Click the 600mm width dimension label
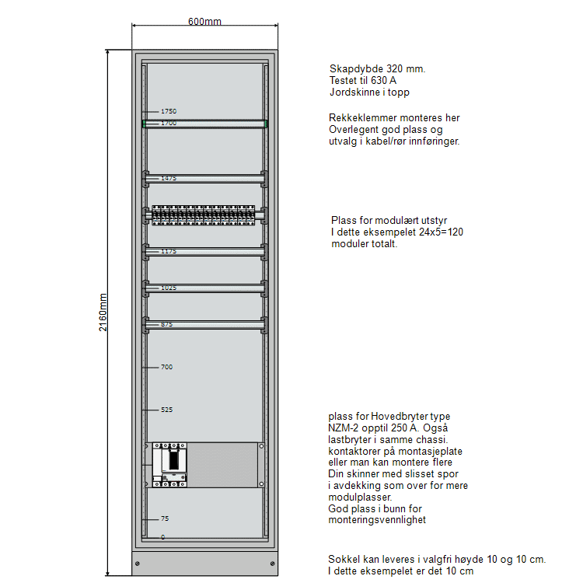click(204, 22)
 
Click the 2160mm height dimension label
click(103, 312)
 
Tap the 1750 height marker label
click(169, 111)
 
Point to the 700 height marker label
click(167, 367)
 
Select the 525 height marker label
click(167, 410)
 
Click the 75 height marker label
click(165, 518)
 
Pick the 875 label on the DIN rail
click(167, 324)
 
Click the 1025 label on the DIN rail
click(169, 288)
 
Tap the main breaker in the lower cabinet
click(170, 465)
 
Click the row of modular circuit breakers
click(204, 215)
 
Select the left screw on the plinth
click(138, 564)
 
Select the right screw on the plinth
click(273, 564)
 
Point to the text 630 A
click(384, 80)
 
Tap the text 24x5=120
click(441, 232)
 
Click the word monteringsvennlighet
click(377, 520)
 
